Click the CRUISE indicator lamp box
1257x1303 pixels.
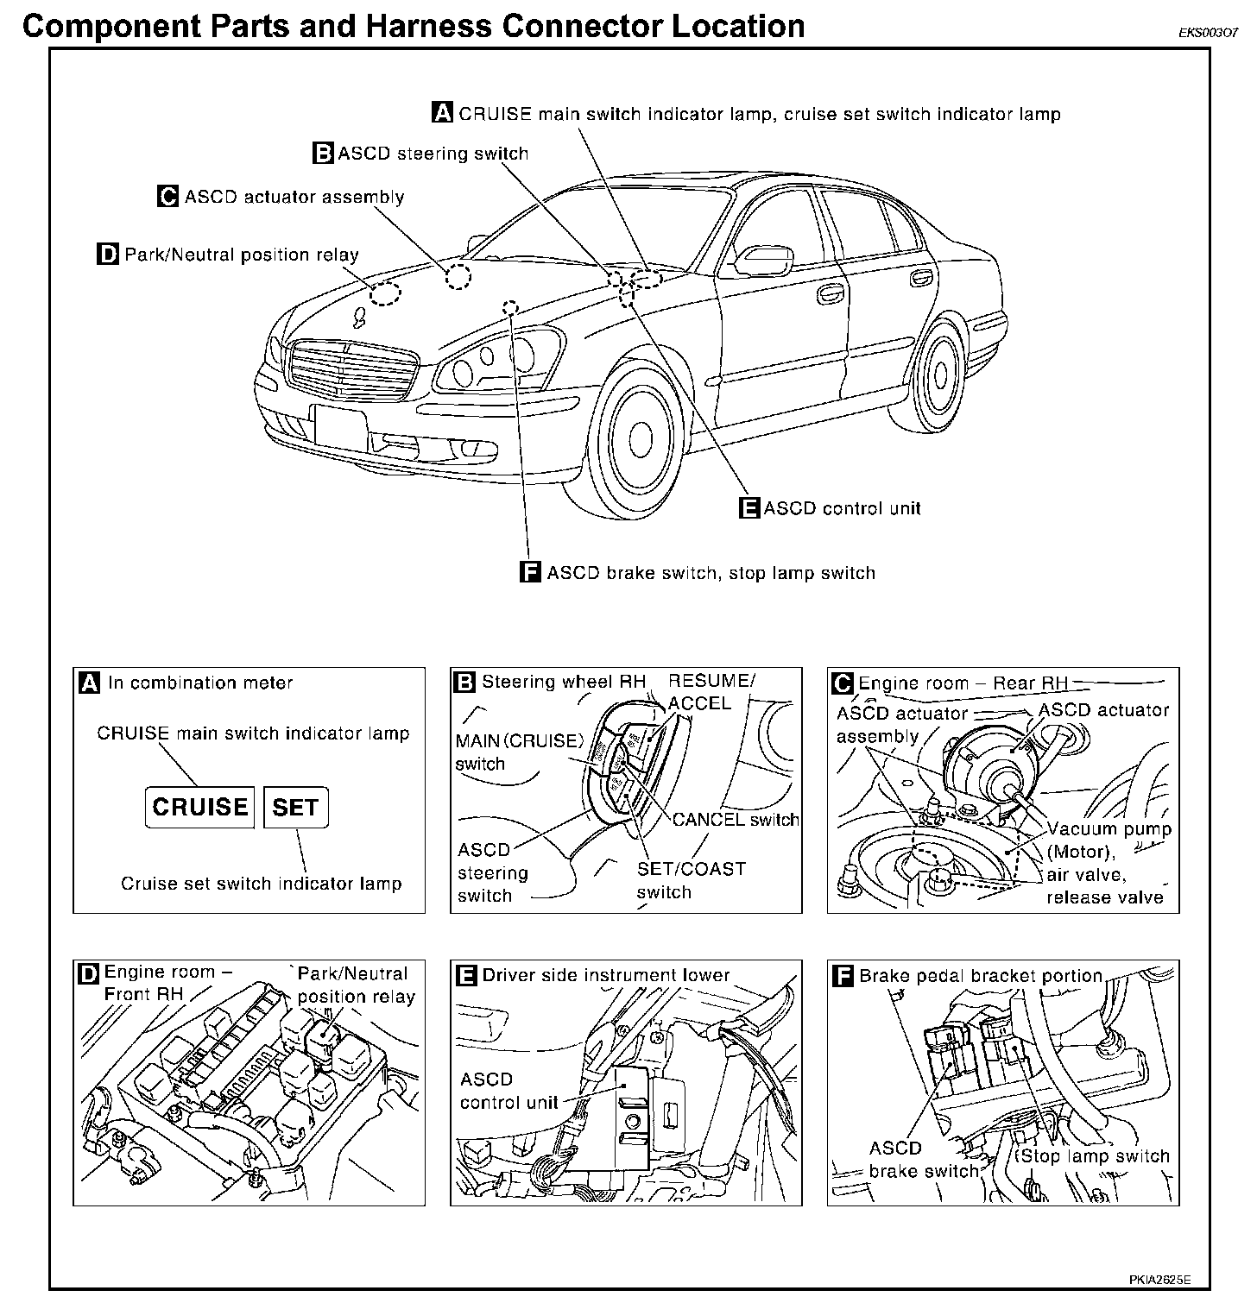[x=199, y=808]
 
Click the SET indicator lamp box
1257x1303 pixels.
[x=295, y=808]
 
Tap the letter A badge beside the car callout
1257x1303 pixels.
[x=442, y=113]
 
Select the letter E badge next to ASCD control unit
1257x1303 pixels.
[x=749, y=507]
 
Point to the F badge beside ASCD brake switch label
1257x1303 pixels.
[x=530, y=572]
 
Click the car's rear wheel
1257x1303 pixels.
[x=941, y=380]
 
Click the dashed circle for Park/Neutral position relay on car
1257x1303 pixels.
[x=386, y=293]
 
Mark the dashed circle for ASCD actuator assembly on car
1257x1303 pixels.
[x=458, y=276]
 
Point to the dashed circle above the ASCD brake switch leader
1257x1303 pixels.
[x=510, y=307]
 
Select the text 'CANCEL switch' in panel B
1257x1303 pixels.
[x=736, y=820]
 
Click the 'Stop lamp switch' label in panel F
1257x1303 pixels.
[x=1095, y=1156]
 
